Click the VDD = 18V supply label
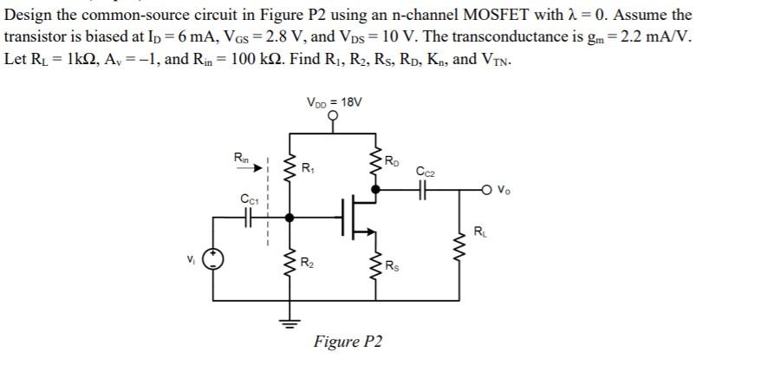click(335, 102)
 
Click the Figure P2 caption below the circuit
click(348, 342)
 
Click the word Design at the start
click(27, 15)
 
